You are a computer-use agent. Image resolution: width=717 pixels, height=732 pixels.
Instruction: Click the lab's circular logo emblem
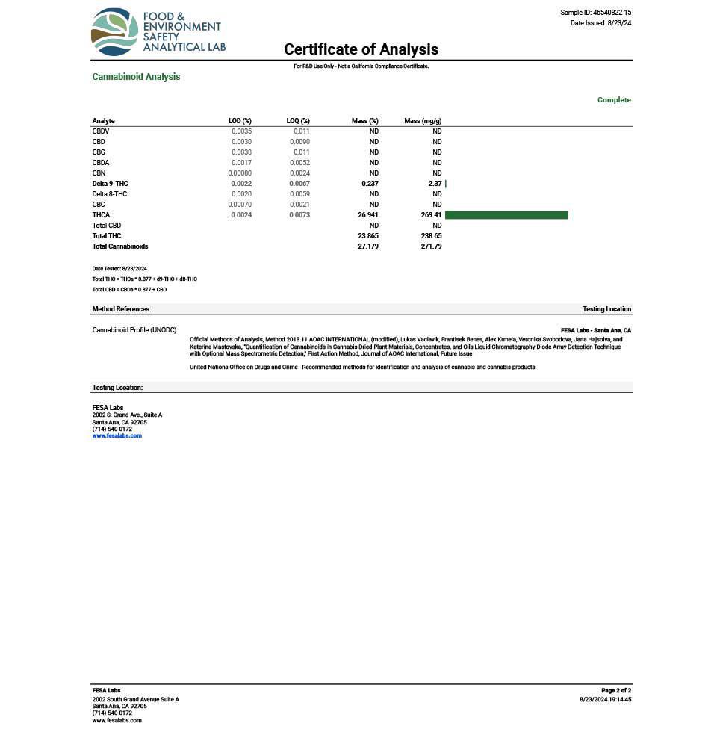[x=115, y=32]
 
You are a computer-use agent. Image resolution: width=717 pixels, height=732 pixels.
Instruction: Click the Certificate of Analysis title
[x=361, y=49]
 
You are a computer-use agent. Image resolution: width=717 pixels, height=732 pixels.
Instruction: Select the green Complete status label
[x=614, y=100]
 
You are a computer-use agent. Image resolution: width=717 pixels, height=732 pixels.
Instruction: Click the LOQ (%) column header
[x=298, y=121]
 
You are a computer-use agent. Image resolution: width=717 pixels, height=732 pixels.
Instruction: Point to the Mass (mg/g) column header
[x=423, y=121]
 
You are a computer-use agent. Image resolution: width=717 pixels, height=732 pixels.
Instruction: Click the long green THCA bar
[x=506, y=215]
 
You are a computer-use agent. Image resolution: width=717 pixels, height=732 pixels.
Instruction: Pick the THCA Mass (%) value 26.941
[x=368, y=215]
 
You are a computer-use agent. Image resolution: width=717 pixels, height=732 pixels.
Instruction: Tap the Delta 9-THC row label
[x=111, y=184]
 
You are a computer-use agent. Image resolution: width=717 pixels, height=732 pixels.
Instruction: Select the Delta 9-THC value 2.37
[x=435, y=184]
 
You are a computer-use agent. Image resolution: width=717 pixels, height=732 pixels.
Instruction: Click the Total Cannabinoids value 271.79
[x=431, y=246]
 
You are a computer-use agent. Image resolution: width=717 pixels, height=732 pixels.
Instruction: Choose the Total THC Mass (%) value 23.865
[x=368, y=236]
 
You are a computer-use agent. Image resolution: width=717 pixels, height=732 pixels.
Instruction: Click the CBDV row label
[x=101, y=131]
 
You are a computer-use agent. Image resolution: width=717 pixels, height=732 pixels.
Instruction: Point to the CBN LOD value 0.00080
[x=240, y=173]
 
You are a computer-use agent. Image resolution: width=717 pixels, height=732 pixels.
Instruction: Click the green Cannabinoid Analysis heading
[x=136, y=77]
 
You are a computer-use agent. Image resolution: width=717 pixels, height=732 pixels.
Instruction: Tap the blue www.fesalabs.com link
[x=117, y=436]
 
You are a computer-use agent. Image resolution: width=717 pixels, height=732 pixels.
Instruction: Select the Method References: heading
[x=122, y=309]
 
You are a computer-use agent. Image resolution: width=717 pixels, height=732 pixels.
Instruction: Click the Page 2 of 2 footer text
[x=616, y=691]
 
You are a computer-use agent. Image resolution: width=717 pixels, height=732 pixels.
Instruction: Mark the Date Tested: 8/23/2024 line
[x=119, y=269]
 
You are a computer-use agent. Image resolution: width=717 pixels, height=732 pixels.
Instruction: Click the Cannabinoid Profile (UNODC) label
[x=134, y=330]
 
